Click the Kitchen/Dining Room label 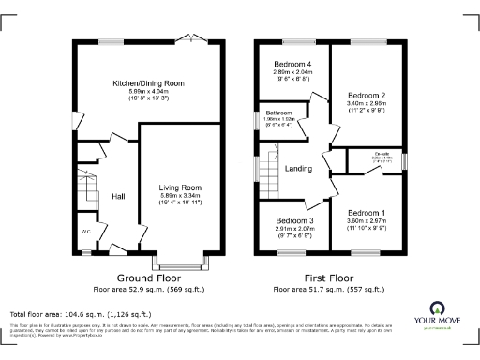(x=147, y=83)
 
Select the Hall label (x=119, y=196)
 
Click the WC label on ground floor (x=84, y=230)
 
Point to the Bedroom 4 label (x=291, y=63)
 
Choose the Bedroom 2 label (x=367, y=96)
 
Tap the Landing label (x=298, y=168)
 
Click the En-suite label (x=382, y=153)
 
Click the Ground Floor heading (x=147, y=278)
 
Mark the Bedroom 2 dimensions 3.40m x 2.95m (x=367, y=103)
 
